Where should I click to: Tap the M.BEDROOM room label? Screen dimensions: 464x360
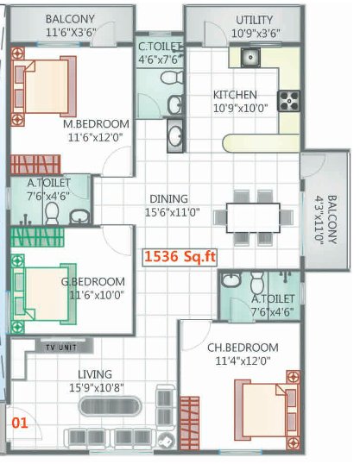click(x=96, y=123)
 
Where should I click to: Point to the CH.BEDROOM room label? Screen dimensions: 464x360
click(x=243, y=348)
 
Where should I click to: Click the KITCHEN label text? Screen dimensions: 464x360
click(x=235, y=95)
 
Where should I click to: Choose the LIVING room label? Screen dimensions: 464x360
click(x=95, y=373)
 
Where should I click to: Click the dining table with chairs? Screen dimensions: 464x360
click(x=254, y=213)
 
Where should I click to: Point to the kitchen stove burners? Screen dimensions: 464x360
click(x=287, y=97)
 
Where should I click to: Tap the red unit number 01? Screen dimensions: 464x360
click(x=19, y=423)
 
